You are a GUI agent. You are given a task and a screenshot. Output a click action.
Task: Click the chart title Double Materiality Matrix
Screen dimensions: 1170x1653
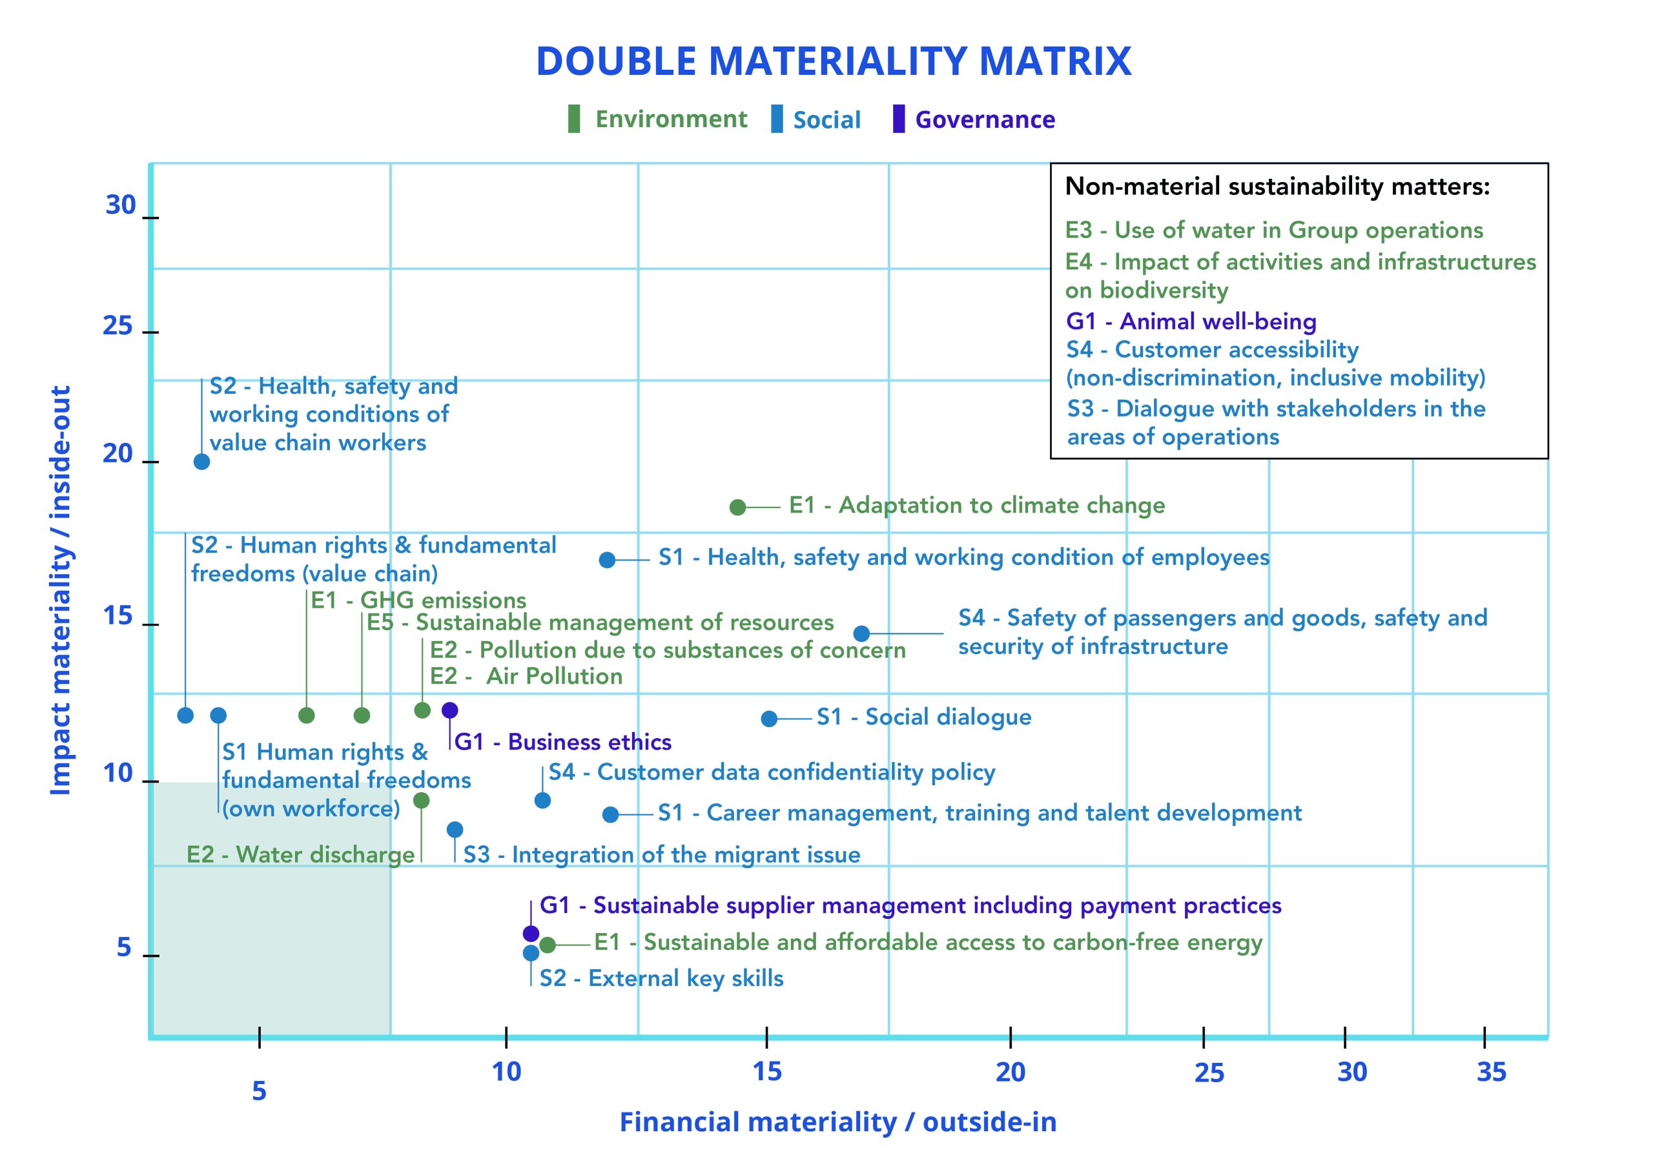tap(834, 61)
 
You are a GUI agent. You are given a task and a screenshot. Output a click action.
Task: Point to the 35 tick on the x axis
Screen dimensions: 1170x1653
tap(1491, 1072)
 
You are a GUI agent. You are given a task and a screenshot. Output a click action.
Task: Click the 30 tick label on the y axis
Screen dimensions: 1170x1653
tap(120, 205)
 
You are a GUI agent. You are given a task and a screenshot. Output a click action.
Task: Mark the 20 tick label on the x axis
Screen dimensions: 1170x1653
tap(1010, 1072)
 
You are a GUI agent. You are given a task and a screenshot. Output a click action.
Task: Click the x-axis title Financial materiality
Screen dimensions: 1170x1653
tap(837, 1122)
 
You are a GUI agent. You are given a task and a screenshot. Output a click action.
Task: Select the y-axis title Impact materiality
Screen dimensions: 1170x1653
tap(61, 591)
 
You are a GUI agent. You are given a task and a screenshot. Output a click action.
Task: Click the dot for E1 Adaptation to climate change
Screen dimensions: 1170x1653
tap(737, 507)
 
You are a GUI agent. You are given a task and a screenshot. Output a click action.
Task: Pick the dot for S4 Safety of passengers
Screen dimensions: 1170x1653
tap(861, 633)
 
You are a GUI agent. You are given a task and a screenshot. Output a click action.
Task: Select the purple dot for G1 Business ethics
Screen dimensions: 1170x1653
tap(449, 710)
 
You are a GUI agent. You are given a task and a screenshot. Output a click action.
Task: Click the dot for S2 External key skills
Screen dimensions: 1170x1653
tap(531, 953)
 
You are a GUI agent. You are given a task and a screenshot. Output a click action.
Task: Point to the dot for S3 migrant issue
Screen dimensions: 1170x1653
tap(455, 829)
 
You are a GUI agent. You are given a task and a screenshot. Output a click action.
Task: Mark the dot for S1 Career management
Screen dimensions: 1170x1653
tap(610, 814)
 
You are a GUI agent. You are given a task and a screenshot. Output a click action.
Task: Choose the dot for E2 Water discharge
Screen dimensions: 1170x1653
tap(422, 801)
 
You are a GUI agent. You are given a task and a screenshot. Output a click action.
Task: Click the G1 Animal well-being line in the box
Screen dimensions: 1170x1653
tap(1191, 322)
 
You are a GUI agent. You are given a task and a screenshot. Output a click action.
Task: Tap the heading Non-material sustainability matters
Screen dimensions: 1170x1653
tap(1277, 187)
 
